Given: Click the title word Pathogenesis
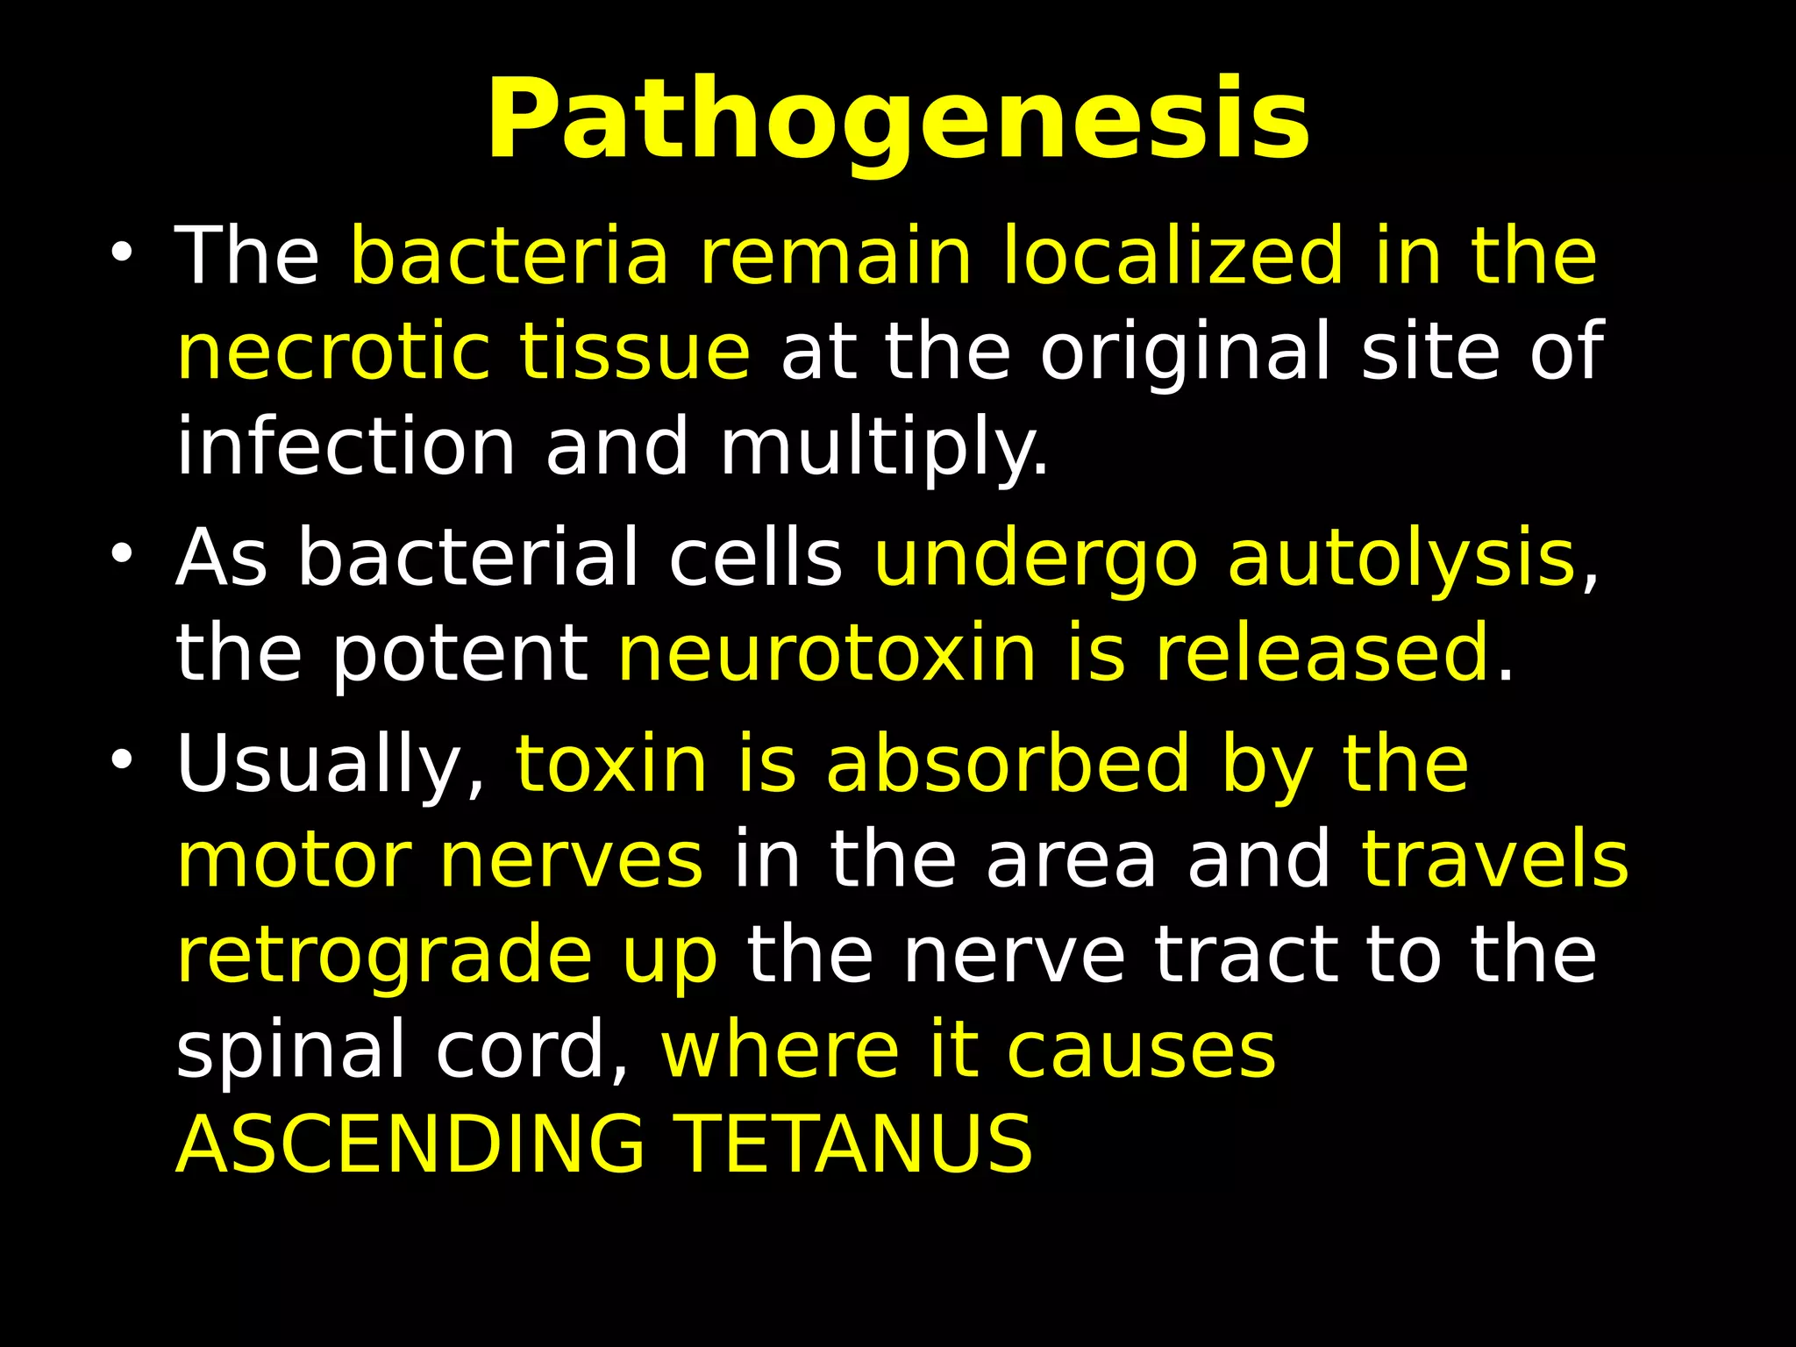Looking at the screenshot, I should click(x=898, y=121).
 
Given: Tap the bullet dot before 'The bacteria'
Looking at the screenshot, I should click(x=121, y=253).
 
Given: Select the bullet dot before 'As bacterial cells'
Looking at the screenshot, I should click(x=121, y=554).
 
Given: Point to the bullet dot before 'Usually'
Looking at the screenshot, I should click(x=121, y=759).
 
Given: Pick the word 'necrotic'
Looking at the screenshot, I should click(x=332, y=352).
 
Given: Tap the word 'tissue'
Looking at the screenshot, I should click(x=634, y=352).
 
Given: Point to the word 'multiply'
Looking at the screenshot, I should click(x=882, y=448).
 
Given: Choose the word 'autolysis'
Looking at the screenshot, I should click(x=1400, y=559).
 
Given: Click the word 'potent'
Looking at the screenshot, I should click(x=460, y=654).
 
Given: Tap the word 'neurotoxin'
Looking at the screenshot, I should click(x=827, y=653).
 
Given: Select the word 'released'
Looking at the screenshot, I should click(x=1322, y=653).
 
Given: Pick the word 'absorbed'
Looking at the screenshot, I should click(x=1008, y=765).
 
